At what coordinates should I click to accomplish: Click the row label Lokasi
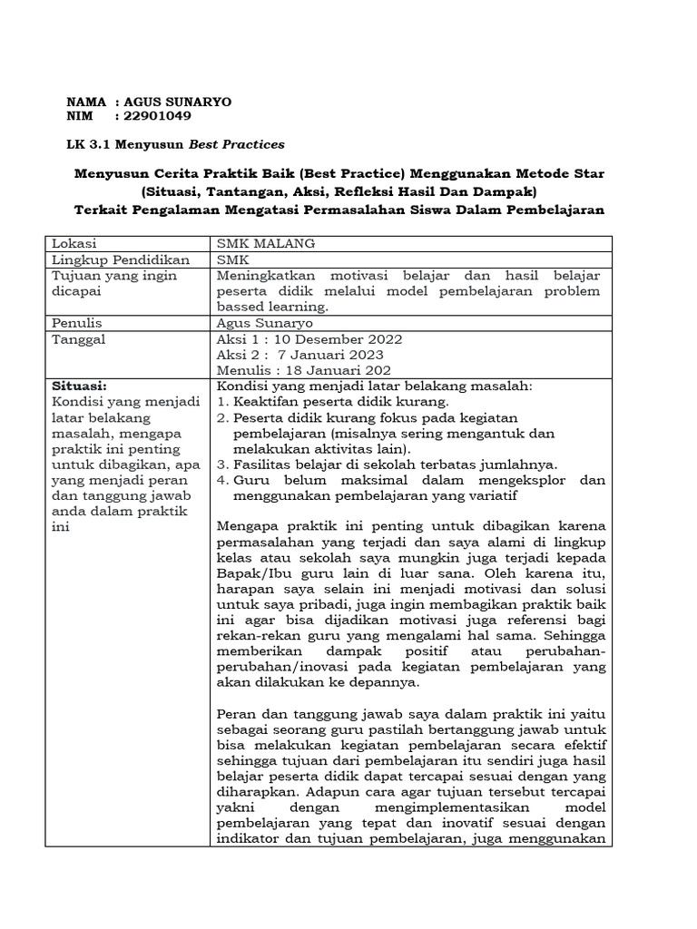[x=74, y=244]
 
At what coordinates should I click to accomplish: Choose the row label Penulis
[x=77, y=322]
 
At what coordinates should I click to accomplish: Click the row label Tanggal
[x=80, y=338]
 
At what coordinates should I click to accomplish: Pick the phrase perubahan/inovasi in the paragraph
[x=276, y=667]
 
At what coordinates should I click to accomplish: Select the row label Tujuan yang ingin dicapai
[x=114, y=282]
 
